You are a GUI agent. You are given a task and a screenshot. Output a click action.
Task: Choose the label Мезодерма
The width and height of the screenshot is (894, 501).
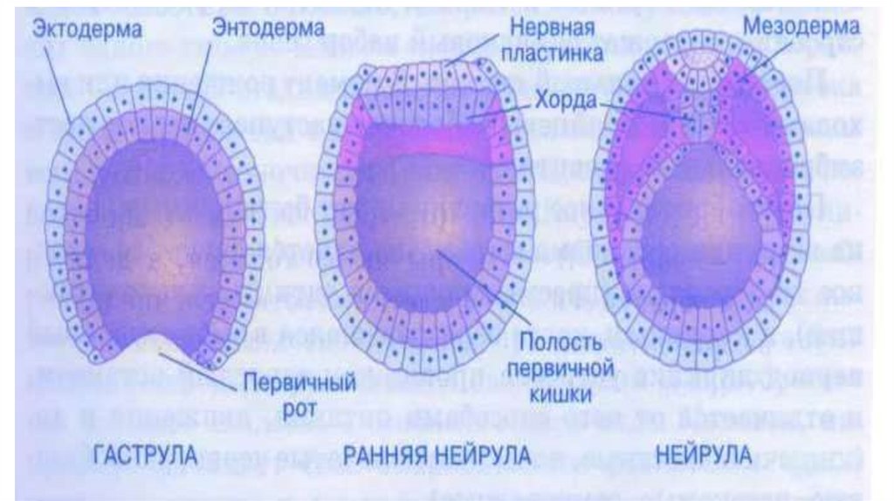pyautogui.click(x=801, y=25)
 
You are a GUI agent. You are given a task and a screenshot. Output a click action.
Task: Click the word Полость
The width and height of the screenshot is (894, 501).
pyautogui.click(x=554, y=337)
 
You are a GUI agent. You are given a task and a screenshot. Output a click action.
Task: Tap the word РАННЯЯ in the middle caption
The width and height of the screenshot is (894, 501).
pyautogui.click(x=383, y=455)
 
